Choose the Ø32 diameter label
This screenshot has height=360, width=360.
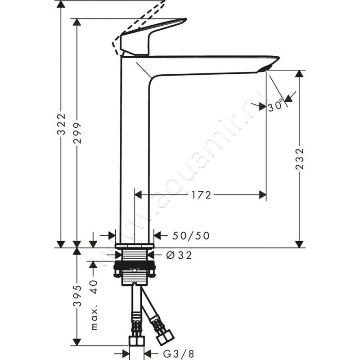coord(179,255)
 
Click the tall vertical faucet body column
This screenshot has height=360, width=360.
coord(135,148)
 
